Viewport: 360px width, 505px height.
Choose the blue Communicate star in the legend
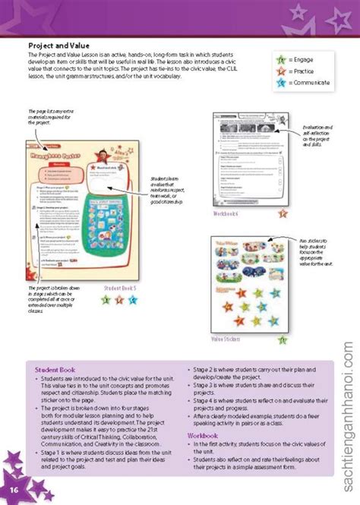[283, 81]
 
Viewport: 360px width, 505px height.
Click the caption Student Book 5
[119, 288]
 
